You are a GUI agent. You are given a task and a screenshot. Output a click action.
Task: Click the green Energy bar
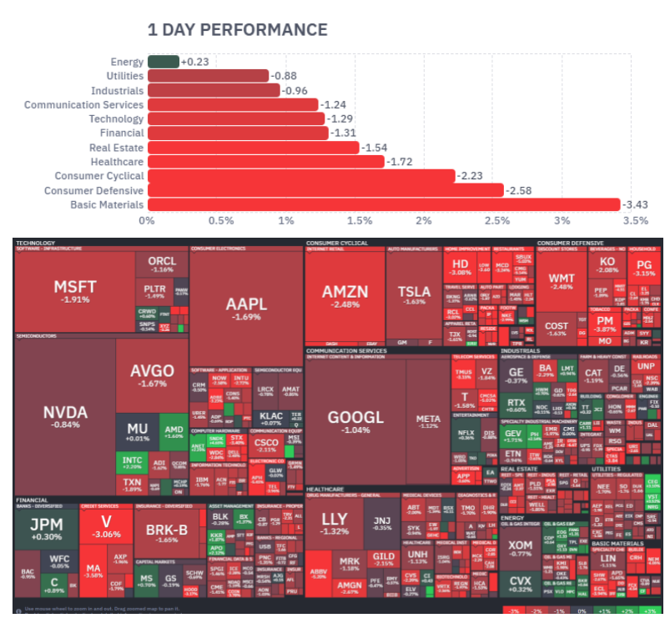tap(163, 61)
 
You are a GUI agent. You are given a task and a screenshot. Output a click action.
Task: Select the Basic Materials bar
tap(384, 204)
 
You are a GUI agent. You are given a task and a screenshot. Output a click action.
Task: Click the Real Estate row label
tap(116, 148)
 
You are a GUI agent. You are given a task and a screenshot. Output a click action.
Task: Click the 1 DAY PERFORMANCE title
tap(237, 30)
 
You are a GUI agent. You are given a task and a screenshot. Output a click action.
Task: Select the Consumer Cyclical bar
tap(301, 176)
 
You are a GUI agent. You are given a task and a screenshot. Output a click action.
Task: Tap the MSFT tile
tap(75, 291)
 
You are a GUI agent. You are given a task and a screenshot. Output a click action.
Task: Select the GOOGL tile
tap(355, 421)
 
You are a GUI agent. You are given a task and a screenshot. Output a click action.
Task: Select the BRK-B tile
tap(167, 534)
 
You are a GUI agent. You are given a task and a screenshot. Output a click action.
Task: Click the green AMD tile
tap(174, 430)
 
